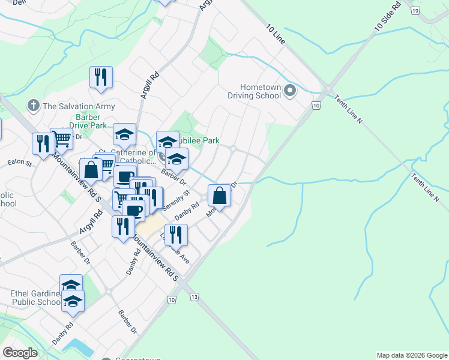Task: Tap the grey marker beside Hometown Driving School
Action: pos(291,91)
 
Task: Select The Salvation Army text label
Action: pos(78,106)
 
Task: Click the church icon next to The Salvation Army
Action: pos(33,106)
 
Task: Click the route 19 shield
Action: pos(415,11)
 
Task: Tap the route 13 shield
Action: pos(193,298)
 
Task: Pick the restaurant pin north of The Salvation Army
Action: pos(101,77)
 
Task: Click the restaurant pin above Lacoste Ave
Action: pos(175,235)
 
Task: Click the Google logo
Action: pos(19,353)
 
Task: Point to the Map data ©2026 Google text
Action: pos(412,355)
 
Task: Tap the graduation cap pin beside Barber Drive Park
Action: pos(124,135)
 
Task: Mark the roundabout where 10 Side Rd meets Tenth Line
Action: pos(328,91)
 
